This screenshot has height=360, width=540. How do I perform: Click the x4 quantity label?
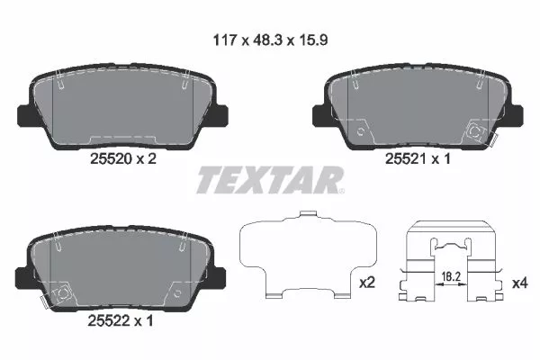click(x=519, y=282)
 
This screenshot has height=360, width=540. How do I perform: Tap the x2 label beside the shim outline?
click(x=366, y=282)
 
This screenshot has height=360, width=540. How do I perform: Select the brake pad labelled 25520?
click(x=121, y=104)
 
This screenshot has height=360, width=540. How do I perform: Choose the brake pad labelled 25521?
click(x=416, y=104)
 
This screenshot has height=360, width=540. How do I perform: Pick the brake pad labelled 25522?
click(x=121, y=268)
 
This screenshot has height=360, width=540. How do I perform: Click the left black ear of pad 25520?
click(x=28, y=115)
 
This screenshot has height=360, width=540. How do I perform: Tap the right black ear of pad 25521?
click(x=513, y=115)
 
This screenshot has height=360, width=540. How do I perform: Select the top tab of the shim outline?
click(x=309, y=215)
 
